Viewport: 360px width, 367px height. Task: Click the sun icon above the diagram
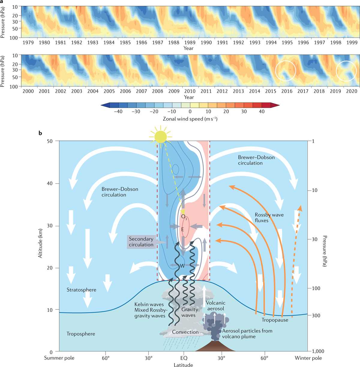160,137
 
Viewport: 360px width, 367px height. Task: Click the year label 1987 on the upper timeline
157,42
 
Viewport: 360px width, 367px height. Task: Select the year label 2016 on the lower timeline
287,91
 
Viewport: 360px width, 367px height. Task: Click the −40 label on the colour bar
118,111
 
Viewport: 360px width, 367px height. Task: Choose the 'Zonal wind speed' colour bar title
190,119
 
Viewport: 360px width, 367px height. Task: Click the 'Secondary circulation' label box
141,242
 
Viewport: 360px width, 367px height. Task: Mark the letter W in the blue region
182,266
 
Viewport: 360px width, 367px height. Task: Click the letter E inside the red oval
183,230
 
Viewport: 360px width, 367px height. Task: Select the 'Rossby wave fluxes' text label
269,218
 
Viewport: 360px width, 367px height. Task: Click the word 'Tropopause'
275,320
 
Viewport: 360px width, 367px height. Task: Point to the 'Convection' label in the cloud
185,332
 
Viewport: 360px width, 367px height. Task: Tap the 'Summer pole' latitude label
59,358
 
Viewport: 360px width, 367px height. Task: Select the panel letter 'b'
40,133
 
